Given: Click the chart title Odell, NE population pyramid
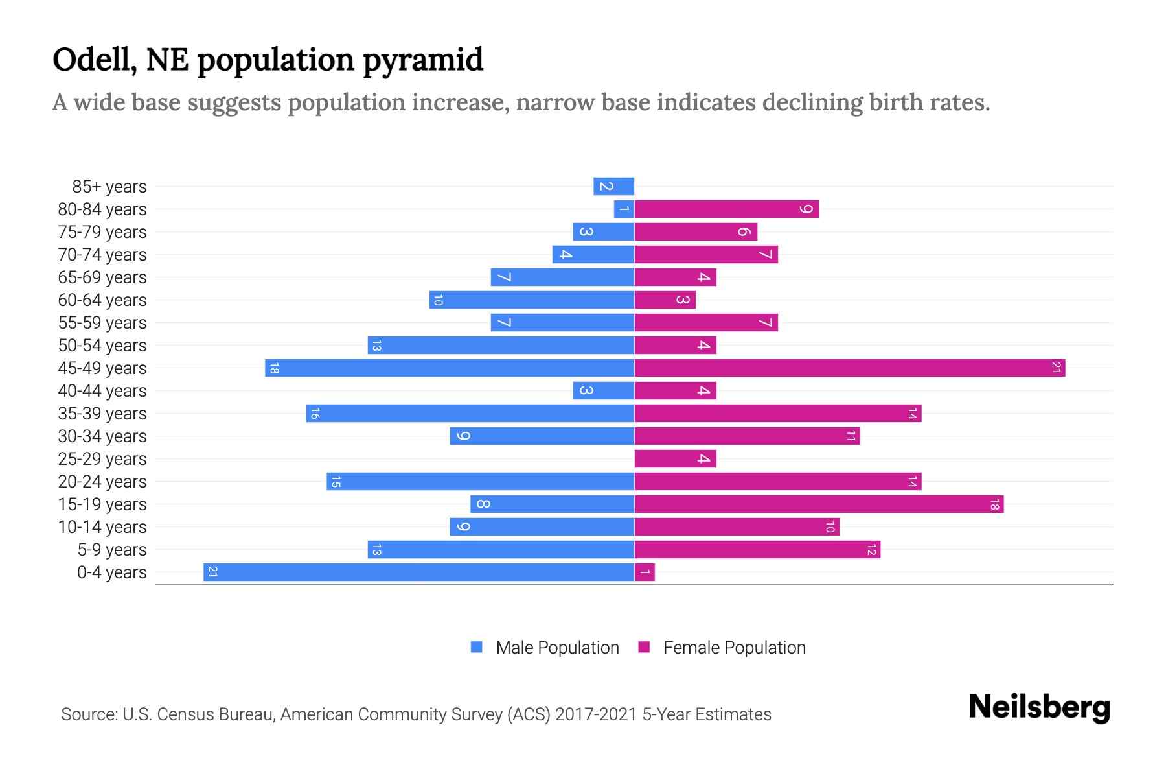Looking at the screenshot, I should click(268, 60).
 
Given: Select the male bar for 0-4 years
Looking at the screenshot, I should click(418, 572).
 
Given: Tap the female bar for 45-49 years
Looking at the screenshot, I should click(849, 368).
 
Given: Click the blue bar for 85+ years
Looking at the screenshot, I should click(613, 186).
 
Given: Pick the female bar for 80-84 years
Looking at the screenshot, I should click(726, 209).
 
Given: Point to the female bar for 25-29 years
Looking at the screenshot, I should click(675, 458).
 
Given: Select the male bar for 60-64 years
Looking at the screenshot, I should click(531, 300).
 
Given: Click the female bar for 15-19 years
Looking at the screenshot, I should click(819, 504).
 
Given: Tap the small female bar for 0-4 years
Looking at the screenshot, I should click(645, 572).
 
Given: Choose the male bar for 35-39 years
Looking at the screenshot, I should click(470, 413).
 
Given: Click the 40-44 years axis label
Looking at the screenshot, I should click(102, 390).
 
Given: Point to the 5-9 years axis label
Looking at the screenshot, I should click(111, 549).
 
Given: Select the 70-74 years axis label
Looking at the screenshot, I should click(102, 254).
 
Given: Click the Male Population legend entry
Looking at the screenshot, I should click(557, 647).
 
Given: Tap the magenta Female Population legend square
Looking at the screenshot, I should click(644, 647).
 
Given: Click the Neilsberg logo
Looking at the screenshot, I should click(1039, 707).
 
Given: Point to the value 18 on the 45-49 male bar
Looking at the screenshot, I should click(274, 368).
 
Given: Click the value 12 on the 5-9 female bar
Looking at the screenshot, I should click(871, 549).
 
